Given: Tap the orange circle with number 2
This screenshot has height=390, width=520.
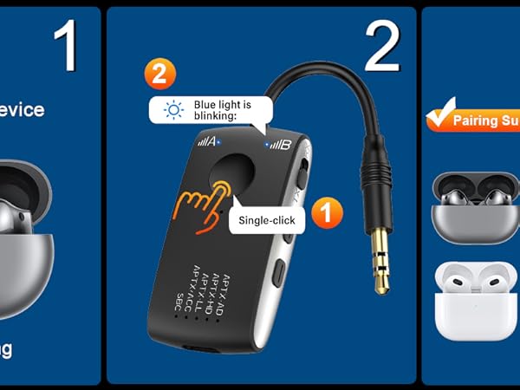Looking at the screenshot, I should (x=159, y=73).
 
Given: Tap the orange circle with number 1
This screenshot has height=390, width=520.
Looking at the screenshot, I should (x=326, y=211).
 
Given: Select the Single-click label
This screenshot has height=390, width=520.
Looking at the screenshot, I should (x=268, y=220).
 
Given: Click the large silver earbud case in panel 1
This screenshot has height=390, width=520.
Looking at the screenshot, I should (x=22, y=234).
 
